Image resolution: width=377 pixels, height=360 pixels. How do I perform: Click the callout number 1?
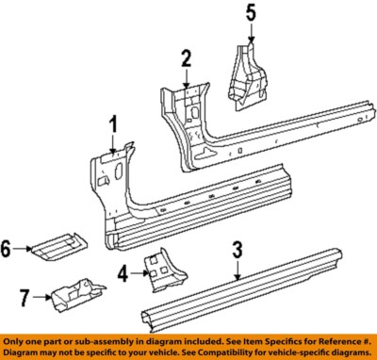[x=113, y=123]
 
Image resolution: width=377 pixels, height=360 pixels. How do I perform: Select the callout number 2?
[x=187, y=58]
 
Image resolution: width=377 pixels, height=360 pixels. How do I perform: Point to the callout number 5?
[x=251, y=13]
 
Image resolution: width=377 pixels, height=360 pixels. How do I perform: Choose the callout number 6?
[x=8, y=249]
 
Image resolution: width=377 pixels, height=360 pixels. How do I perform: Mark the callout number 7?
[x=26, y=299]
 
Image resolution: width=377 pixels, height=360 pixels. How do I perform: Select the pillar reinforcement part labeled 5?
[x=247, y=71]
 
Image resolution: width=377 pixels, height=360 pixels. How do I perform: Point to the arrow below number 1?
[x=113, y=144]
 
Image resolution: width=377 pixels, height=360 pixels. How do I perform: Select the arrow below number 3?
[x=238, y=270]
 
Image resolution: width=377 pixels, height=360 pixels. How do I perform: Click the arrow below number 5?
[x=251, y=33]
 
